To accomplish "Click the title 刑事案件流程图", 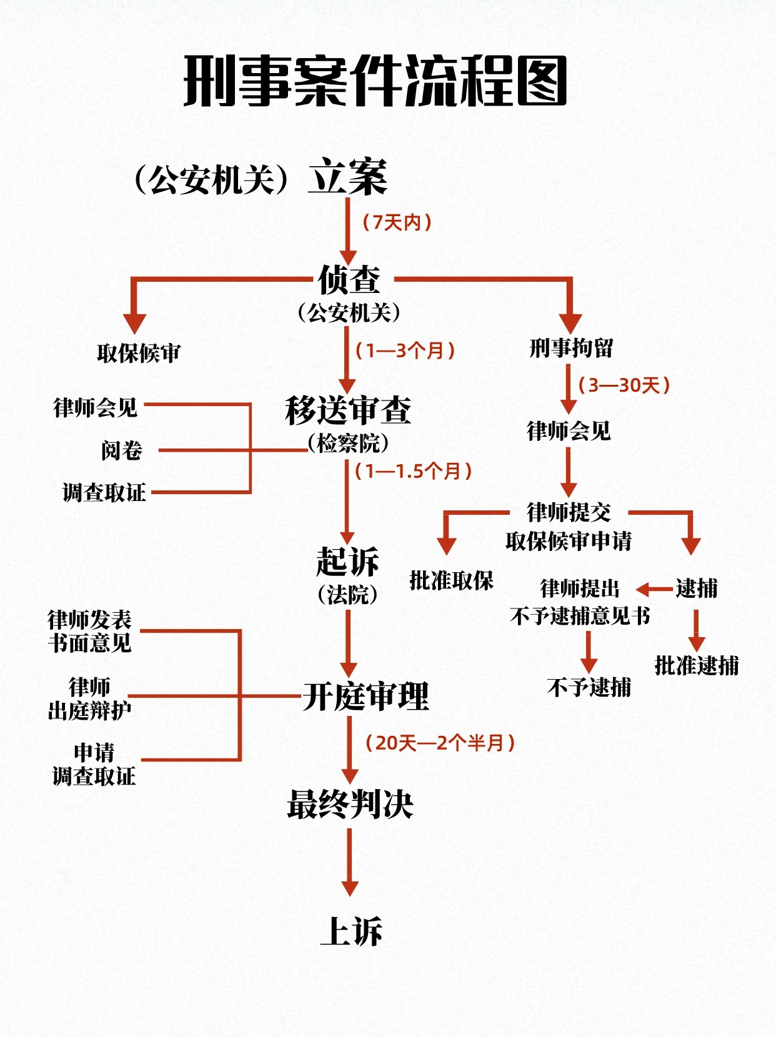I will click(375, 82).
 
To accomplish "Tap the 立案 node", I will click(347, 177).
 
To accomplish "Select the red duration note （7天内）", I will click(397, 222).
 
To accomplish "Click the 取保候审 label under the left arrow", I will click(138, 354).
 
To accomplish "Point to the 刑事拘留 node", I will click(571, 349).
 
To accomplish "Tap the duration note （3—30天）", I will click(624, 385).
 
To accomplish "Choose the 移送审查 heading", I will click(348, 411).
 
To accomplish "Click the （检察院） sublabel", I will click(348, 444).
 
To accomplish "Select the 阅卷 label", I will click(122, 450).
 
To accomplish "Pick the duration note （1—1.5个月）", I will click(413, 471).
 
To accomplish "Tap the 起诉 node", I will click(347, 562).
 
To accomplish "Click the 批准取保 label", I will click(451, 581).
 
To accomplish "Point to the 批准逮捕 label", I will click(697, 666).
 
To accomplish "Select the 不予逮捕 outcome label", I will click(589, 688).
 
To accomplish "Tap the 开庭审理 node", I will click(366, 697).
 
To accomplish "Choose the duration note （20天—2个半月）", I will click(440, 743).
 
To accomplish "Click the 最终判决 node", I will click(350, 804).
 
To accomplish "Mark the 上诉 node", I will click(351, 931).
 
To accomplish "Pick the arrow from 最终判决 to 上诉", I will click(350, 862).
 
